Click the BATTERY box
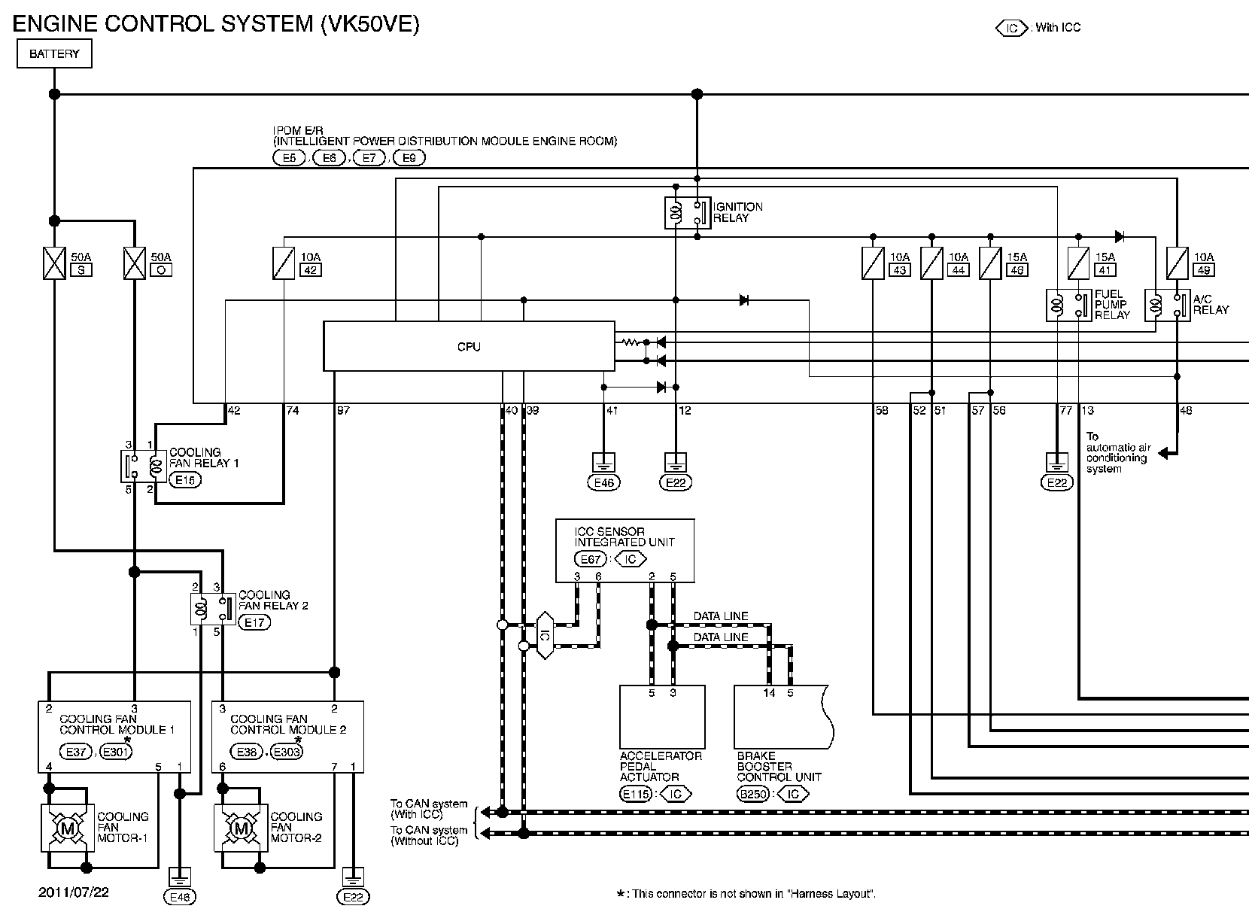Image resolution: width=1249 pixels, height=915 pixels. [x=54, y=53]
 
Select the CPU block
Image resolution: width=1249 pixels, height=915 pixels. [x=469, y=346]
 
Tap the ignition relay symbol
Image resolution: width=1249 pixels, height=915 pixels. [x=687, y=212]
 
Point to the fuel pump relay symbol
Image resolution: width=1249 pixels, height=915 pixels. [x=1068, y=305]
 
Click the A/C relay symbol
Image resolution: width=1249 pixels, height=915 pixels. [x=1167, y=305]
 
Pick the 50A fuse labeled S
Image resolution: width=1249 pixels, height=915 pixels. [x=54, y=263]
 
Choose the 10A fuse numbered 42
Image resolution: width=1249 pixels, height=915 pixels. [x=283, y=263]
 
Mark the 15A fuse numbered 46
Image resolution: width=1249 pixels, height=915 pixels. [x=990, y=263]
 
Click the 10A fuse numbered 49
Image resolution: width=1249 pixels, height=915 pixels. [x=1177, y=263]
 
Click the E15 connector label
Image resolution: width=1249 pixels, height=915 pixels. [x=184, y=479]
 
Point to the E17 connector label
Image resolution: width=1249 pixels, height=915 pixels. [x=254, y=622]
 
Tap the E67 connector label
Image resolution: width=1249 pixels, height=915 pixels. [x=590, y=559]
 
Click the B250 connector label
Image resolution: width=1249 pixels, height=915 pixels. [x=752, y=794]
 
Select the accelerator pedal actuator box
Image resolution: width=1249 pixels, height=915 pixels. [x=662, y=717]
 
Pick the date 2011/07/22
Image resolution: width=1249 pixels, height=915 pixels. [x=74, y=892]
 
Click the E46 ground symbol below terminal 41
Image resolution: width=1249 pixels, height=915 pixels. [x=603, y=462]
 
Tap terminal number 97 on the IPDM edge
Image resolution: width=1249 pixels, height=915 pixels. [x=343, y=410]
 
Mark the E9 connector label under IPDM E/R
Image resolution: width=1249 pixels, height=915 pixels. [x=409, y=158]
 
